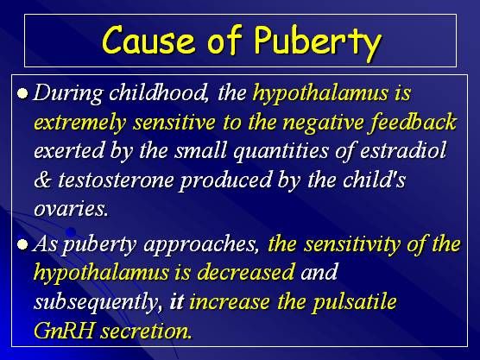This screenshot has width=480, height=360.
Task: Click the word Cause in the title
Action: (x=148, y=40)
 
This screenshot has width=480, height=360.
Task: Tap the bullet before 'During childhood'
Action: (x=23, y=92)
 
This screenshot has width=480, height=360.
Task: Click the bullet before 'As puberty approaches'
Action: (x=23, y=244)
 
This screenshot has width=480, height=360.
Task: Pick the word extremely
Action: (x=80, y=123)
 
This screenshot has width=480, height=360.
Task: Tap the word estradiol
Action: (x=403, y=150)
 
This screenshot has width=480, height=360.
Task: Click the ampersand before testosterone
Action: (x=43, y=180)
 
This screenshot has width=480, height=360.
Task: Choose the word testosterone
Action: (x=116, y=180)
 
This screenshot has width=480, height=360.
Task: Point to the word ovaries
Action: (x=72, y=209)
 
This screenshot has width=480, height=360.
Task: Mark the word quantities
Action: (x=281, y=151)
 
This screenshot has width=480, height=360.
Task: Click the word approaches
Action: (x=200, y=245)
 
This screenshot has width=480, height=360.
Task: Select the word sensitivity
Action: (x=351, y=244)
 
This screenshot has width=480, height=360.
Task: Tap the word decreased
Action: (x=246, y=272)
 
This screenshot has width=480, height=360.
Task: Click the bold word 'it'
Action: (x=177, y=301)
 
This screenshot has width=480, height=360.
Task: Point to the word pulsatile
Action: (x=355, y=302)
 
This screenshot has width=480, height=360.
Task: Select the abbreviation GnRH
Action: (x=64, y=331)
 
